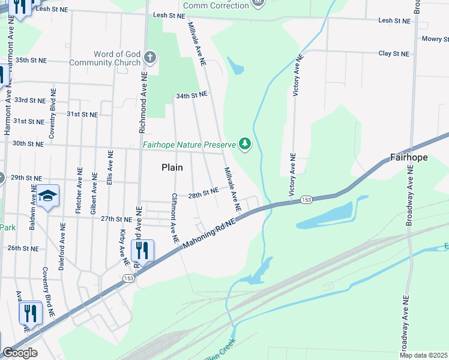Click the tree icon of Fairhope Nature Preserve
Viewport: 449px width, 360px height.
(x=244, y=144)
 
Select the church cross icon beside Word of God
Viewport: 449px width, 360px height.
(x=149, y=58)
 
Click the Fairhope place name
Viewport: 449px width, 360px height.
(x=409, y=158)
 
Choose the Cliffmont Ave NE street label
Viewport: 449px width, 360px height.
(x=175, y=218)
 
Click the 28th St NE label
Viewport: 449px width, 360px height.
(x=202, y=193)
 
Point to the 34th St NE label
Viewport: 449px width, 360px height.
(x=191, y=95)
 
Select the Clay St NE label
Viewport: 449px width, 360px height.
(x=393, y=53)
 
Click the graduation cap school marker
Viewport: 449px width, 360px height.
(x=47, y=196)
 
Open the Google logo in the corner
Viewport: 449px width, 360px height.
(x=20, y=353)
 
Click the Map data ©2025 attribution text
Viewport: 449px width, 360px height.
(x=423, y=355)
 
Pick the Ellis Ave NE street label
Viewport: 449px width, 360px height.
(x=110, y=167)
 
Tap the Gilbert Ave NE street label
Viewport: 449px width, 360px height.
(x=94, y=194)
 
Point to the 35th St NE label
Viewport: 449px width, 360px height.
(x=31, y=61)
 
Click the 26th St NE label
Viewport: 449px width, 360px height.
(x=23, y=248)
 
